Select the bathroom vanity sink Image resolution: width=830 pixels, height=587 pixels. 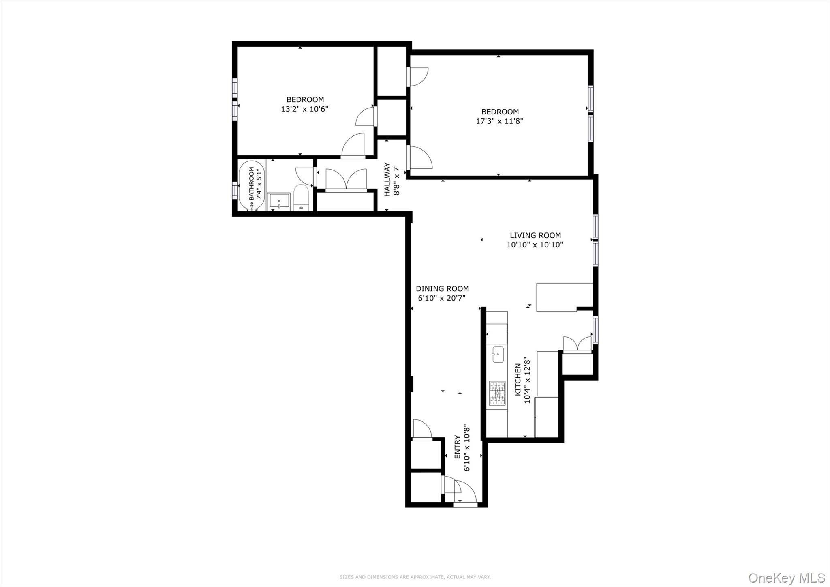tap(279, 202)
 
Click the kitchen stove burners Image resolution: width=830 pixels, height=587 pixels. tap(497, 393)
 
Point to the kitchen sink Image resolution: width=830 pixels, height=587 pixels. tap(498, 355)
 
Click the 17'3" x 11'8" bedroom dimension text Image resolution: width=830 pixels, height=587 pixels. tap(499, 121)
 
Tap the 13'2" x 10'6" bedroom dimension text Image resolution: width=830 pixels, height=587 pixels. tap(304, 109)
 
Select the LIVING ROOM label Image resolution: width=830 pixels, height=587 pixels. tap(535, 235)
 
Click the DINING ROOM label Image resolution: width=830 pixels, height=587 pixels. tap(442, 289)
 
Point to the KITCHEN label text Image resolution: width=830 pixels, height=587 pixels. tap(518, 380)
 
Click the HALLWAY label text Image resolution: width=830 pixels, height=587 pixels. tap(387, 179)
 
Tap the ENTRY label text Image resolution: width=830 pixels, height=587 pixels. tap(457, 447)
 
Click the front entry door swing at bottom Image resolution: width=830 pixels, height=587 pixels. tap(465, 493)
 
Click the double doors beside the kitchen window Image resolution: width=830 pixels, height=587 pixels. tap(578, 344)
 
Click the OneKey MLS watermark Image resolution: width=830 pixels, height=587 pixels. tap(787, 577)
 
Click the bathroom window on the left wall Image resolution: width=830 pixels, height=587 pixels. tap(234, 190)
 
